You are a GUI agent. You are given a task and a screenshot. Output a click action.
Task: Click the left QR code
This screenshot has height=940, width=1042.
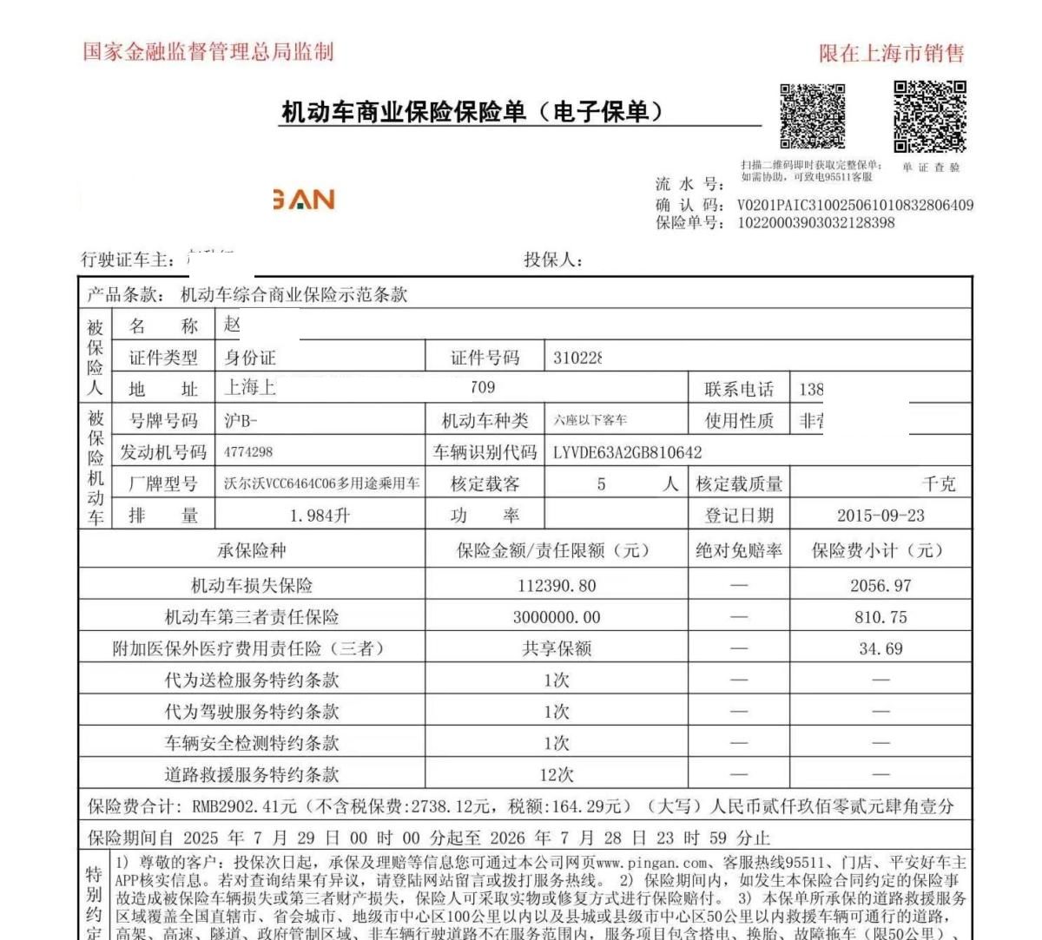click(x=812, y=115)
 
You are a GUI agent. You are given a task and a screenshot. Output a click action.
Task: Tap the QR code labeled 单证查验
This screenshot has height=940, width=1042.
click(x=930, y=115)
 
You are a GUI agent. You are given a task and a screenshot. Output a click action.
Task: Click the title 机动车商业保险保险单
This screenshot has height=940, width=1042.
click(x=472, y=112)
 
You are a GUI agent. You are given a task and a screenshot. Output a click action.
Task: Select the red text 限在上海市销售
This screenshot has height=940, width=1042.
click(x=892, y=54)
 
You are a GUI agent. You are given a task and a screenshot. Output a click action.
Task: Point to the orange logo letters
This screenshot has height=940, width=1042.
click(x=304, y=200)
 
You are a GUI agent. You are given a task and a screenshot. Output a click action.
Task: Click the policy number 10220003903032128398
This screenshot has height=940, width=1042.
click(x=815, y=223)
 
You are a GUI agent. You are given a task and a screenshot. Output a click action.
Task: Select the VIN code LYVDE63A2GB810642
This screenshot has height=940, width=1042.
click(x=627, y=452)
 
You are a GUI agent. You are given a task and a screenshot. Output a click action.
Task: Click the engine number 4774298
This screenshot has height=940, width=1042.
click(x=248, y=452)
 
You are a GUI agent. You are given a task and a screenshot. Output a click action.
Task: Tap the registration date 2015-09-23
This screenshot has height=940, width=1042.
click(x=880, y=516)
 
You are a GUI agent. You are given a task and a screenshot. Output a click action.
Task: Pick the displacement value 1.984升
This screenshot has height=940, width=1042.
click(x=320, y=516)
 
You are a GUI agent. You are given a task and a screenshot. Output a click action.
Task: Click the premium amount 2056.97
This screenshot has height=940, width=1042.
click(x=880, y=586)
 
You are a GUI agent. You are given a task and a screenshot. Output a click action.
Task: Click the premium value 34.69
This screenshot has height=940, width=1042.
click(x=880, y=648)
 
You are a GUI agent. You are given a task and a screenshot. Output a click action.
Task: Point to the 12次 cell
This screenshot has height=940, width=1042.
click(x=557, y=774)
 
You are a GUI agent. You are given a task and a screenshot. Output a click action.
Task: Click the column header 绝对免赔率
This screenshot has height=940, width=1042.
click(x=738, y=550)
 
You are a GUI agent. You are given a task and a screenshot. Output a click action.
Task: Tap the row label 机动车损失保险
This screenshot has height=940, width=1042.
click(x=252, y=586)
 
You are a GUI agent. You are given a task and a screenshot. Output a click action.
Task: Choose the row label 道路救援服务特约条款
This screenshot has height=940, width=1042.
click(x=252, y=774)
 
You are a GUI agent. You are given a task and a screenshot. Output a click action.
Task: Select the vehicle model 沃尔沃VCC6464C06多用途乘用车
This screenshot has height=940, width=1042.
click(x=321, y=483)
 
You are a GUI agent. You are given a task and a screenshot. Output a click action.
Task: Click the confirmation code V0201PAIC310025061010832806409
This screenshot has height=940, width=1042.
click(x=854, y=206)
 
